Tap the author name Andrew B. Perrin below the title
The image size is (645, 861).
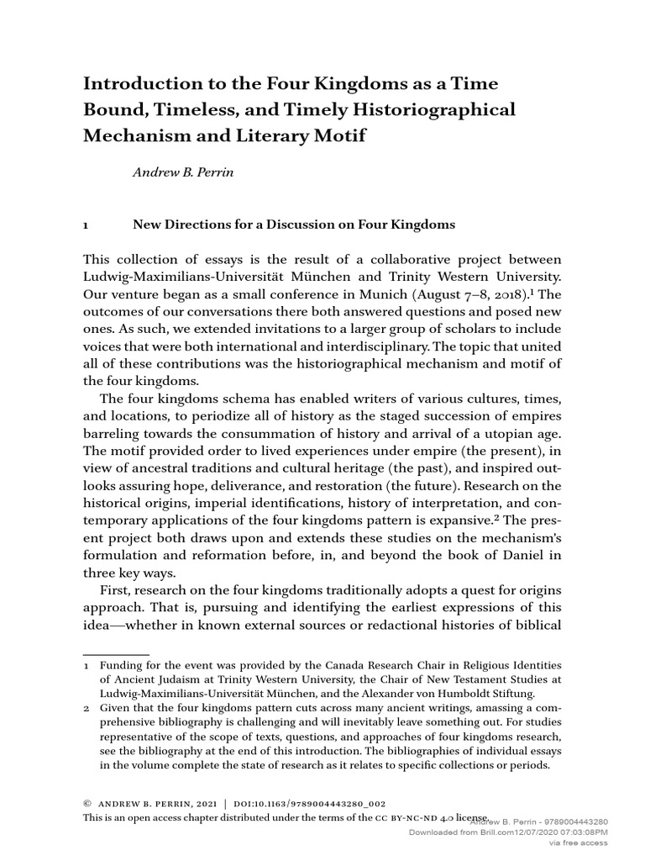(x=181, y=173)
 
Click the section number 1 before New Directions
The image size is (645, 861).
(x=85, y=225)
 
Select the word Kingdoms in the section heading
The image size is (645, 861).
(x=421, y=225)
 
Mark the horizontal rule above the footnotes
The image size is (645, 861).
(x=115, y=654)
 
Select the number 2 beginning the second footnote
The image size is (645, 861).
(x=85, y=709)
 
